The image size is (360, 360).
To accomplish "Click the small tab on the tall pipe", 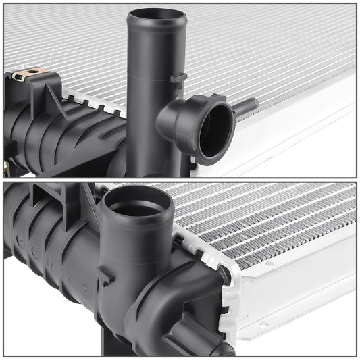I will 178,78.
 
